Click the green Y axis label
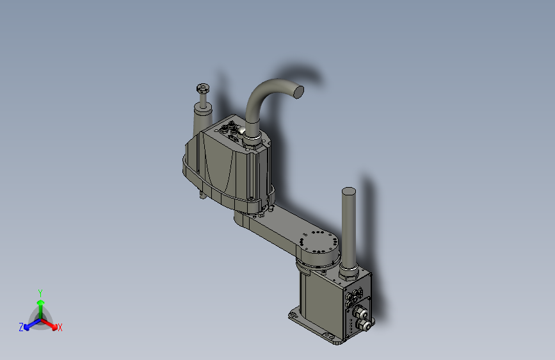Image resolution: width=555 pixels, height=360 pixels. click(40, 292)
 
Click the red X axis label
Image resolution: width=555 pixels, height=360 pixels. click(60, 327)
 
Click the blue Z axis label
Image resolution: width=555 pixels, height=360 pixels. click(21, 327)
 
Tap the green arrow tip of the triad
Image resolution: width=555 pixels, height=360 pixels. click(40, 301)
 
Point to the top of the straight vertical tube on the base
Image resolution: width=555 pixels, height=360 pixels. click(349, 192)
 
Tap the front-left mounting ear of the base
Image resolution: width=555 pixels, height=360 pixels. click(294, 315)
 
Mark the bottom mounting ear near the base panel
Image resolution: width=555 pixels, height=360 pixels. click(332, 338)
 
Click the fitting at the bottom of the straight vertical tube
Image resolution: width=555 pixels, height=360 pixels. click(348, 274)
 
